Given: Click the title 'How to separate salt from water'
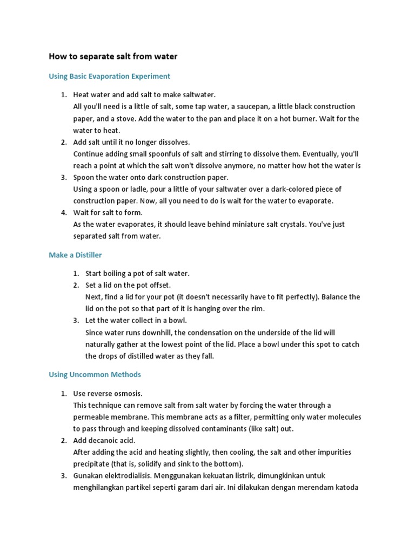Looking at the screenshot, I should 113,56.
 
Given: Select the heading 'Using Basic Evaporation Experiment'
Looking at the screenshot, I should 109,76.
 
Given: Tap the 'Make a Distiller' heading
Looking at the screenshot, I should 75,254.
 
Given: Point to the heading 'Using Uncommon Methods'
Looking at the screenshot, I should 95,374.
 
